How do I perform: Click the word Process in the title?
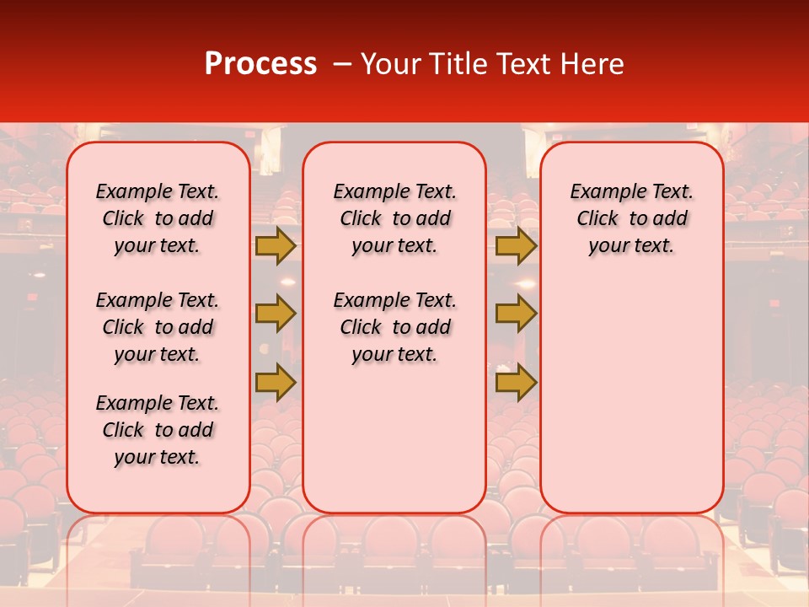click(x=260, y=64)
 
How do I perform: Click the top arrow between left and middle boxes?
click(x=276, y=245)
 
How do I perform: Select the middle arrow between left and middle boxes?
click(x=276, y=314)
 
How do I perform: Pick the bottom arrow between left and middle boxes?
click(x=276, y=382)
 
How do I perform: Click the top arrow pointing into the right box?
click(x=516, y=245)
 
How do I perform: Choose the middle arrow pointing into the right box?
click(x=516, y=314)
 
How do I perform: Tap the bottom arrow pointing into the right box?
click(x=516, y=382)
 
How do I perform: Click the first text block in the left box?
click(x=158, y=218)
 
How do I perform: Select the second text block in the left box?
click(x=158, y=327)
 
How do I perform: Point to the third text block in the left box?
click(x=158, y=430)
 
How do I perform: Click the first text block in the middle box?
click(x=394, y=218)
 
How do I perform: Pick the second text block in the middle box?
click(x=394, y=327)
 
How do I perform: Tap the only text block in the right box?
click(x=631, y=218)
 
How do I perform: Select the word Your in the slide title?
click(x=390, y=64)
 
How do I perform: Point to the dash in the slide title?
click(x=341, y=64)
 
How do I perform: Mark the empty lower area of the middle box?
click(x=394, y=438)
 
